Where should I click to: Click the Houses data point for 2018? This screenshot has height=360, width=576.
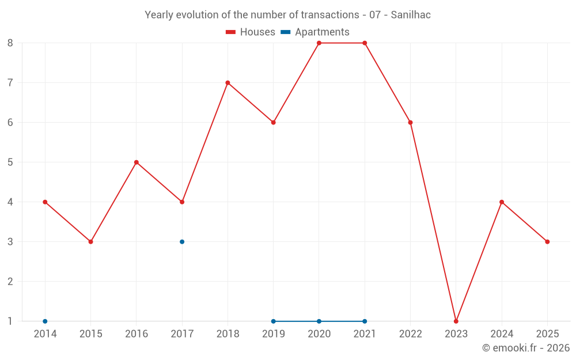point(228,83)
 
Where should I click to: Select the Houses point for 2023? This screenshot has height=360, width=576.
point(456,321)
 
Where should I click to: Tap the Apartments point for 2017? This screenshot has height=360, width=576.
point(182,242)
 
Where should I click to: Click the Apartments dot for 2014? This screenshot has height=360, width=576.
point(45,321)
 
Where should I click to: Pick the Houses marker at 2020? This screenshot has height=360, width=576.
point(319,43)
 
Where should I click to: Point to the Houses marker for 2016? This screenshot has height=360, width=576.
point(137,162)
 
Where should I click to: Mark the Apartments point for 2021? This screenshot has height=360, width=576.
point(365,321)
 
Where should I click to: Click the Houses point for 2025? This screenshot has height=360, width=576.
point(547,242)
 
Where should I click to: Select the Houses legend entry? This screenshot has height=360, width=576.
point(251,32)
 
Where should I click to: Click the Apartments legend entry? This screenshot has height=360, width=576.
point(315,32)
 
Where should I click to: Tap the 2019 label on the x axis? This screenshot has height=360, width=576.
point(273,334)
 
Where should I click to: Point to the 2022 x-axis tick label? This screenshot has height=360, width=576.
point(410,334)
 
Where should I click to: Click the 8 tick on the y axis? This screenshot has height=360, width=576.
point(10,43)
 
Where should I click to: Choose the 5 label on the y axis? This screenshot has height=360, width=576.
point(10,162)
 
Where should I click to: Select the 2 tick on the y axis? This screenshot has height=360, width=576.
point(10,282)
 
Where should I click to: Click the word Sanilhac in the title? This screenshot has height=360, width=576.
point(411,15)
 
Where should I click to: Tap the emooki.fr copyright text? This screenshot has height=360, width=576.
point(526,348)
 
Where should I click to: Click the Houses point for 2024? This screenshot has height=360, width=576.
point(502,202)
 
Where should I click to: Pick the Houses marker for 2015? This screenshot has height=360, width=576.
point(90,242)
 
